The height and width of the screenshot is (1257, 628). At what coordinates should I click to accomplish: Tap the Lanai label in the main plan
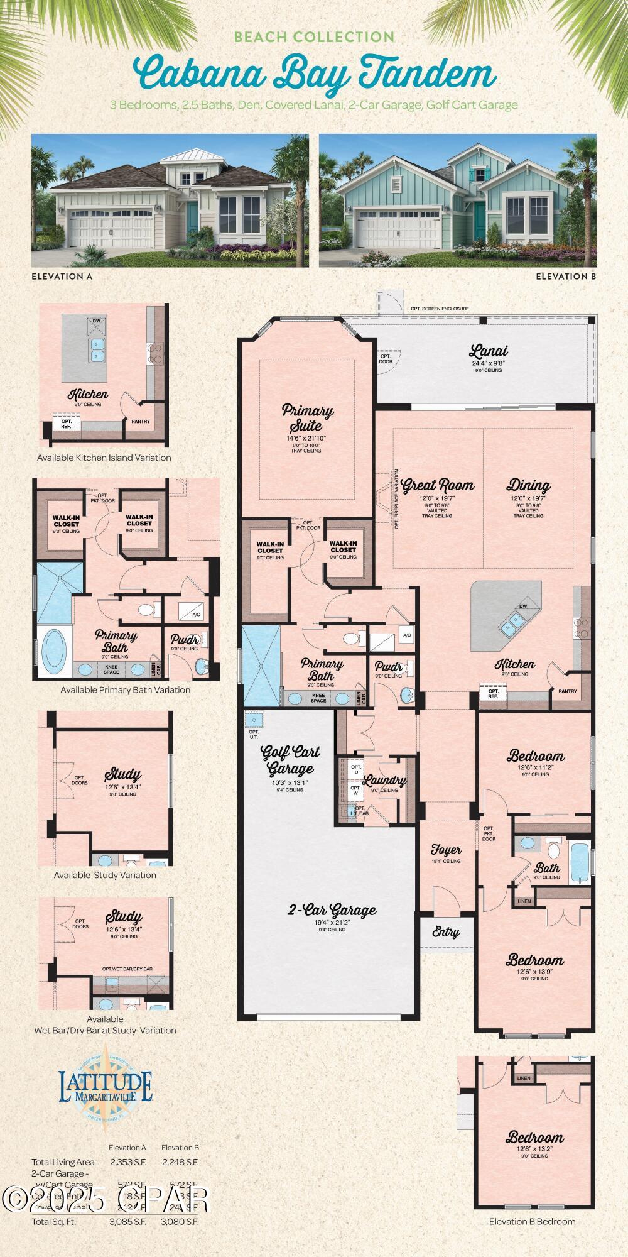[488, 351]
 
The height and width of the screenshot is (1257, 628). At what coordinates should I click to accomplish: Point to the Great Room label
[438, 485]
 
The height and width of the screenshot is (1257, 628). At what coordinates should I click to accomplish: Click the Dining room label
[529, 485]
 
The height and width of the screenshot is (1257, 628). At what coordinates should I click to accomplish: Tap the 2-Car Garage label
[332, 910]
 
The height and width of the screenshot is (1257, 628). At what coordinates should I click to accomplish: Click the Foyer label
[446, 850]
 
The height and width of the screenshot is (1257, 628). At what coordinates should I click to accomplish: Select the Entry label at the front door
[446, 933]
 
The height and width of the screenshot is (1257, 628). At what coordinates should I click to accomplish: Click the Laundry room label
[384, 781]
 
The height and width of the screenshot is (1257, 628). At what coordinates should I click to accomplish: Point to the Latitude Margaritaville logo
[106, 1086]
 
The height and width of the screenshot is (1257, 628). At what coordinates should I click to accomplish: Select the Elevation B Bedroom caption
[532, 1221]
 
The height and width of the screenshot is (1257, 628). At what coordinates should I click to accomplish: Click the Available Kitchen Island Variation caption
[104, 458]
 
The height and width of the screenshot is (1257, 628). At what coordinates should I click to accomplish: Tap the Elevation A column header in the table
[127, 1148]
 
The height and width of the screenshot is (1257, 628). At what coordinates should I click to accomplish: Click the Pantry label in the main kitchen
[567, 691]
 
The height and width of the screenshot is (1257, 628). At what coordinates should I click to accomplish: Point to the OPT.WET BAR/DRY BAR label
[127, 969]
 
